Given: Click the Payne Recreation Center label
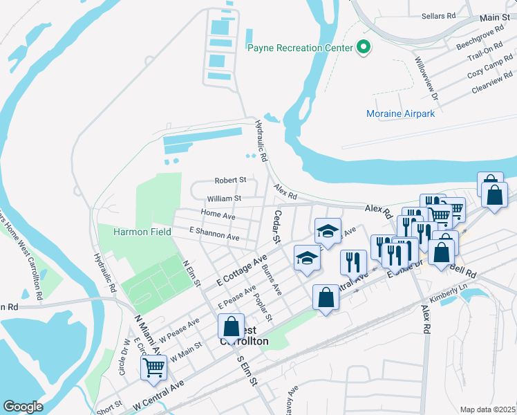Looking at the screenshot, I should (x=300, y=48).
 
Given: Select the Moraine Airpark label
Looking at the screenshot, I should (x=400, y=113).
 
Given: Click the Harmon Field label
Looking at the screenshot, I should (x=142, y=232).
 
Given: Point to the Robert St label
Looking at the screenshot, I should (x=230, y=180).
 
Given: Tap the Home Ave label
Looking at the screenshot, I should (x=218, y=215).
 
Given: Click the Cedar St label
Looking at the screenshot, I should (x=276, y=227).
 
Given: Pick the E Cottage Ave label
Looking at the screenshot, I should (x=241, y=270).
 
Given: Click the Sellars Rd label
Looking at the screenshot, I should (x=442, y=15).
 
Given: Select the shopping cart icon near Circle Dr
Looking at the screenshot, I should (x=153, y=367).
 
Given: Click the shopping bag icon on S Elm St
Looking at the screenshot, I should (x=232, y=326).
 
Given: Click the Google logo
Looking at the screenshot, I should (x=23, y=407).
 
